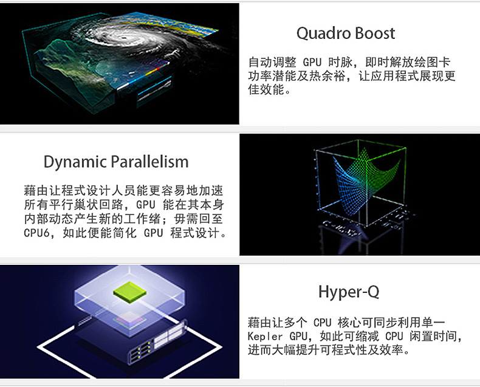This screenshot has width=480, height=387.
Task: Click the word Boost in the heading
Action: click(x=375, y=33)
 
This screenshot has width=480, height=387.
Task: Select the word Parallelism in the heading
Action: click(x=149, y=162)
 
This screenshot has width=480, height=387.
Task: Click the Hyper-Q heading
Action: click(x=349, y=292)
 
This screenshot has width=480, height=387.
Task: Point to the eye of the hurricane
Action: click(x=124, y=38)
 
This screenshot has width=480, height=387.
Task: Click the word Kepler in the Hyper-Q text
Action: click(x=265, y=337)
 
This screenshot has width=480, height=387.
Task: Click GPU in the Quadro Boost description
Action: click(x=312, y=63)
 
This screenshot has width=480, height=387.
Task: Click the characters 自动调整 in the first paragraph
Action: click(x=272, y=63)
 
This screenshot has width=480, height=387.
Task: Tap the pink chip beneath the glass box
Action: click(x=129, y=320)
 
